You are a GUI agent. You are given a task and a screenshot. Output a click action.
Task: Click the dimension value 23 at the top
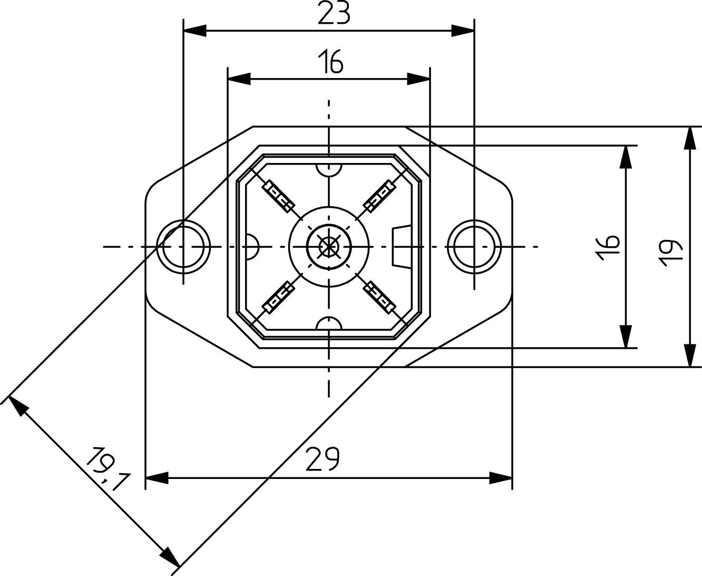[x=334, y=14]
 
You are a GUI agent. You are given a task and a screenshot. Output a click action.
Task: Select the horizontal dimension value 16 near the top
[x=330, y=62]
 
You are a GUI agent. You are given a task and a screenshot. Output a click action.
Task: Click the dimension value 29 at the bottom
[x=322, y=459]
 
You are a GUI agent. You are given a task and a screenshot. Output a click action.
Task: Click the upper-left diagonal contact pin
[x=279, y=196]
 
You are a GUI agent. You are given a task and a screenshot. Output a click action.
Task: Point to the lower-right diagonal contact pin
[x=379, y=297]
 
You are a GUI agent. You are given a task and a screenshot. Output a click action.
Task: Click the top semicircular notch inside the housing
[x=329, y=169]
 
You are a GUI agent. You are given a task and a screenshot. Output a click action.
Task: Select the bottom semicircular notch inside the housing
[x=329, y=323]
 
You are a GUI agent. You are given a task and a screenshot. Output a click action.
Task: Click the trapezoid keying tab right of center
[x=401, y=246]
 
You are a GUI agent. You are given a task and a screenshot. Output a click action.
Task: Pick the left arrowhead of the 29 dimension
[x=157, y=478]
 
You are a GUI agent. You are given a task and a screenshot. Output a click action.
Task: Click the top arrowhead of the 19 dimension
[x=689, y=138]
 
